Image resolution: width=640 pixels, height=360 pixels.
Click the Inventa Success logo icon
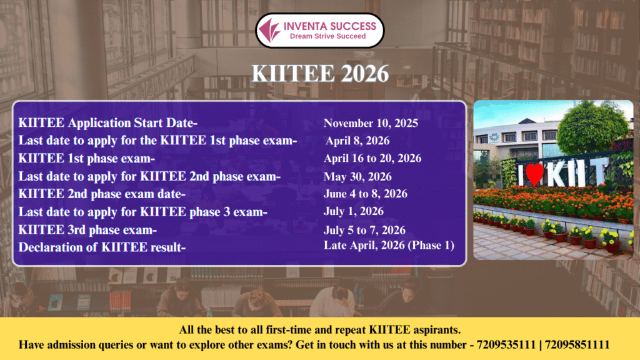(x=270, y=30)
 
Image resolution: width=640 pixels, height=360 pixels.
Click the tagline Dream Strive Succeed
(x=327, y=36)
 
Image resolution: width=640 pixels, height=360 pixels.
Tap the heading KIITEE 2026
(x=320, y=74)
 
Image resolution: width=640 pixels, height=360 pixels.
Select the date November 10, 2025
(x=371, y=123)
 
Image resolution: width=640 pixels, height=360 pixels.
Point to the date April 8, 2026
(x=357, y=141)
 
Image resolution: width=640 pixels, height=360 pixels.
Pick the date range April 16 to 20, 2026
(x=372, y=158)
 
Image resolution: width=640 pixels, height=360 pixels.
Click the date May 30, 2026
(x=357, y=177)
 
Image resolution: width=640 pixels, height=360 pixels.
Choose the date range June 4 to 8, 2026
(x=365, y=194)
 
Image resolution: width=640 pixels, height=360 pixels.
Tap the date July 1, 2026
(x=354, y=211)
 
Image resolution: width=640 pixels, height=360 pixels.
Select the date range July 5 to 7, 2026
(x=364, y=230)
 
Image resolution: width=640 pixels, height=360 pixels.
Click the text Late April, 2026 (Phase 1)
(x=389, y=245)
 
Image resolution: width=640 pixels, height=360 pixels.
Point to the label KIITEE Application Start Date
(x=107, y=123)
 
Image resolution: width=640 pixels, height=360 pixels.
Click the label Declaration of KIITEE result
(x=102, y=247)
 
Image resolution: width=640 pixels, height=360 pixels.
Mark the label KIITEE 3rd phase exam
(x=87, y=230)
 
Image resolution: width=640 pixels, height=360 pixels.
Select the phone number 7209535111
(x=506, y=345)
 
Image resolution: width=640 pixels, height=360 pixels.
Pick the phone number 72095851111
(x=577, y=345)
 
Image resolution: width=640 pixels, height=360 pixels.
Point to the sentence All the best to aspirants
(x=320, y=330)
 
